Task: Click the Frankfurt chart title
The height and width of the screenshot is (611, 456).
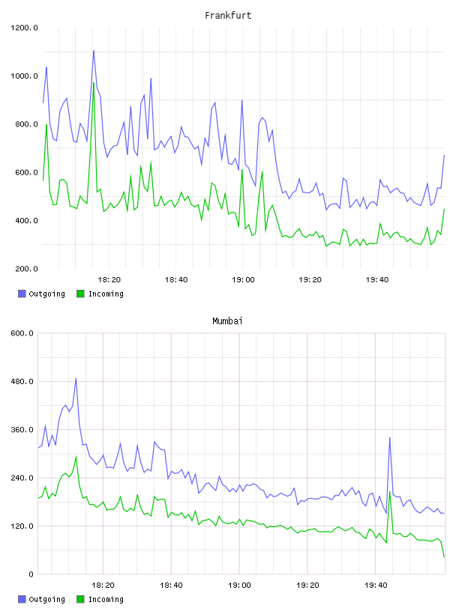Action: click(228, 16)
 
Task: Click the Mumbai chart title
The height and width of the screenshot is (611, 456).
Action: click(227, 321)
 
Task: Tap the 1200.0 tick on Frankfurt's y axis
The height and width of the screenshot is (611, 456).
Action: click(24, 28)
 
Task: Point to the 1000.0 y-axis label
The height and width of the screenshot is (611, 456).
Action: click(24, 76)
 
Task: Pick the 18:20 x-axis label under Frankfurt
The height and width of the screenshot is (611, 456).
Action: click(109, 280)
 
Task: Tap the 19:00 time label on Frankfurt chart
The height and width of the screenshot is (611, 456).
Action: click(243, 280)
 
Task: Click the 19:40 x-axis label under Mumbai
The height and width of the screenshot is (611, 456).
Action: click(376, 586)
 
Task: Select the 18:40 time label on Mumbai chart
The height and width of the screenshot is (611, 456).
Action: click(172, 586)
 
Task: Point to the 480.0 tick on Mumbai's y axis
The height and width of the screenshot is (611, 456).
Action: click(22, 381)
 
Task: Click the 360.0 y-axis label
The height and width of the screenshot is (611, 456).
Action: click(22, 430)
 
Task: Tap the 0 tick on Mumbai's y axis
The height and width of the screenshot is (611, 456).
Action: click(31, 574)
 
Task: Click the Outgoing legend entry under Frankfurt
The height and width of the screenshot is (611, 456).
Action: click(41, 294)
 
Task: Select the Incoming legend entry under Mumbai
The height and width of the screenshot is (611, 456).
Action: click(100, 599)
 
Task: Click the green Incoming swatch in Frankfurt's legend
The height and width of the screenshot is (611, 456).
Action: click(80, 294)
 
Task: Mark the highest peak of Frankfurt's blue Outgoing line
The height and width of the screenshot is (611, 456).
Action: click(93, 51)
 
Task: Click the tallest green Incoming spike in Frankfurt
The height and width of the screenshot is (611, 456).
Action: click(94, 82)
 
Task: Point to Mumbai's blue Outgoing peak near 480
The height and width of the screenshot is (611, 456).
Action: click(76, 378)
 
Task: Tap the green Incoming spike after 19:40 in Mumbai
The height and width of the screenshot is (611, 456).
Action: click(390, 492)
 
